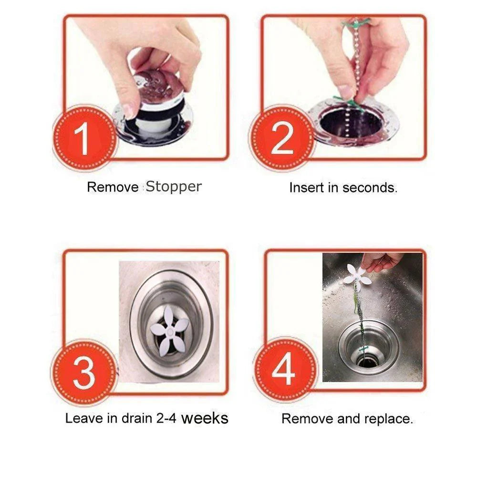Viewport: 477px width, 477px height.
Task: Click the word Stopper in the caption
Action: pos(174,187)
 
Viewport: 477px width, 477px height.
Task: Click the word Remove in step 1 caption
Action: pos(113,187)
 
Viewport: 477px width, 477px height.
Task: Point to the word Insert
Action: pos(306,187)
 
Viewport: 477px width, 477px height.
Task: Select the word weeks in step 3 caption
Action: pos(205,418)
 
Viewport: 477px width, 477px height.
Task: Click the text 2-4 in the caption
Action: pos(167,419)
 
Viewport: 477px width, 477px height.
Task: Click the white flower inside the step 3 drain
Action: pos(170,329)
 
